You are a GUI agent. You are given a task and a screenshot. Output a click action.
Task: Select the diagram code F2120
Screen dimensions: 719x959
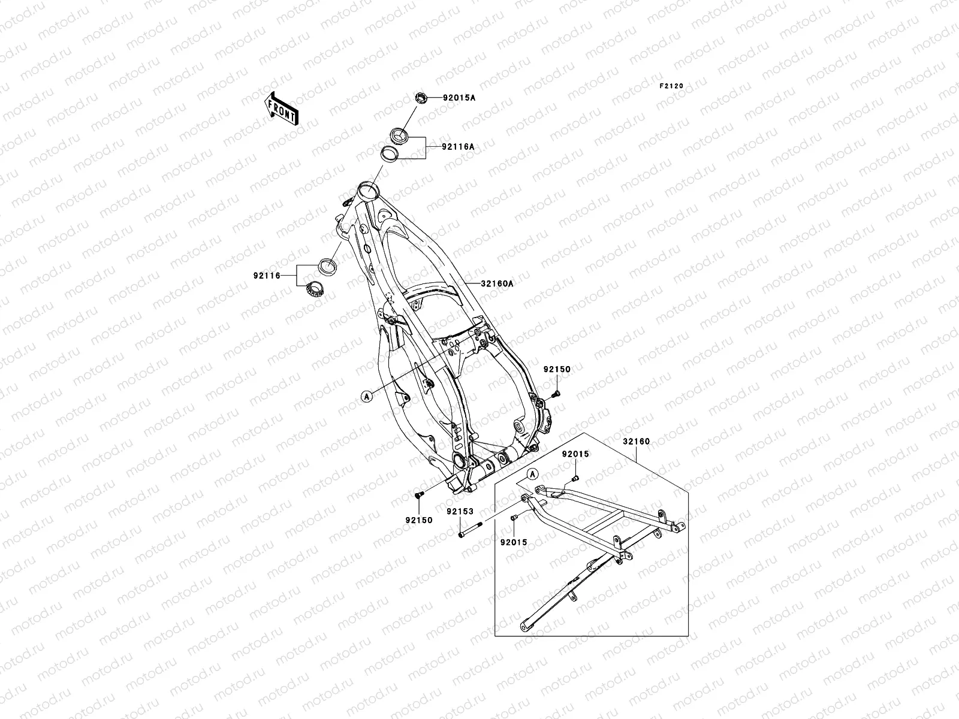671,86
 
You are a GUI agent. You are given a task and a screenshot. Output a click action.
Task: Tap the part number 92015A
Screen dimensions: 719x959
459,98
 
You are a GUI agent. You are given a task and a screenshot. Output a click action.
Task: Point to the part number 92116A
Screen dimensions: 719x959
458,146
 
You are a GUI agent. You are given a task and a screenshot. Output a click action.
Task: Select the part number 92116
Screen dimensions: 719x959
267,276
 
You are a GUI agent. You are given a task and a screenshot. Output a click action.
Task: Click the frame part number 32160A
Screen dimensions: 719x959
497,284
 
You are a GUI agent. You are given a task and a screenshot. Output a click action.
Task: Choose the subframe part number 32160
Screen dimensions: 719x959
636,442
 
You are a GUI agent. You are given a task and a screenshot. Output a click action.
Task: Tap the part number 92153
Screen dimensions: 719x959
460,512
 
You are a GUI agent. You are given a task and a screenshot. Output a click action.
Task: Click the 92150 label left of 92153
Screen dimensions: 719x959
419,521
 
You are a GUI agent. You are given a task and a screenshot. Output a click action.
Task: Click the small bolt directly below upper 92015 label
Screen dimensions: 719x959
575,478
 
